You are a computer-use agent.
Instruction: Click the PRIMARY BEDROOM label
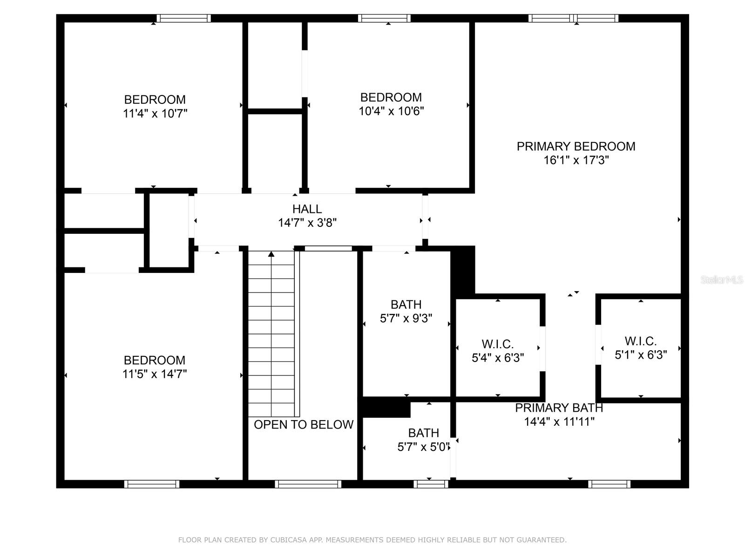tap(576, 146)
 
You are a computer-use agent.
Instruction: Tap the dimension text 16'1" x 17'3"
tap(576, 160)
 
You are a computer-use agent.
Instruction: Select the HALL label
tap(307, 209)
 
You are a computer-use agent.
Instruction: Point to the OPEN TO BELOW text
tap(304, 424)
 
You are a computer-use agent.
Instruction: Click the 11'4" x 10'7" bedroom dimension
tap(155, 113)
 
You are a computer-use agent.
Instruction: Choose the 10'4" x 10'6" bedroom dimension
tap(391, 111)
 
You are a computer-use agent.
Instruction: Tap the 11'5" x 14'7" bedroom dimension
tap(155, 374)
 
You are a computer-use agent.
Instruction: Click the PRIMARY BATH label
tap(559, 408)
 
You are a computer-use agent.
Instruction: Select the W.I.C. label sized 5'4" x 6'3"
tap(498, 344)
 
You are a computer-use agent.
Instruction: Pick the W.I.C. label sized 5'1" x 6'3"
tap(640, 341)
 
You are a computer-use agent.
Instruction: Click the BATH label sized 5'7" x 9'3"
tap(406, 305)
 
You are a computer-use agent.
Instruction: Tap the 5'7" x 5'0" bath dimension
tap(424, 447)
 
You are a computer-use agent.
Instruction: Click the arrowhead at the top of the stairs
tap(271, 254)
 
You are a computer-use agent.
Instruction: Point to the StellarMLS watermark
tap(722, 279)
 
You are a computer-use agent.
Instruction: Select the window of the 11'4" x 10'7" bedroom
tap(183, 18)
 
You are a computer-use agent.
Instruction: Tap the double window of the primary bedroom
tap(573, 18)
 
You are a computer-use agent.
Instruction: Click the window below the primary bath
tap(609, 484)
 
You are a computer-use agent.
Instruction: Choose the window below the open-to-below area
tap(308, 484)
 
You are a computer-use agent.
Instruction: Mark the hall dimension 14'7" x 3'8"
tap(307, 223)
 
